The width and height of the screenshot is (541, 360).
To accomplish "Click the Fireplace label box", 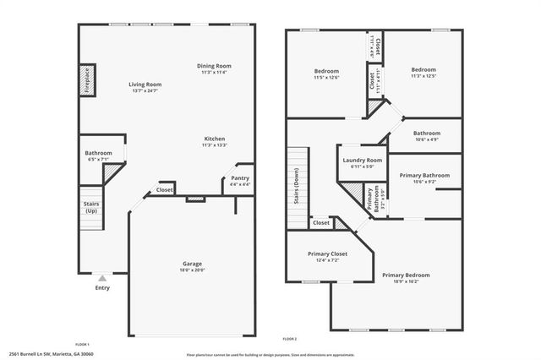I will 88,79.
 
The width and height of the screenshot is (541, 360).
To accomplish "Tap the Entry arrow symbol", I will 102,278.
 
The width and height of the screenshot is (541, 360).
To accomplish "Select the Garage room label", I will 194,264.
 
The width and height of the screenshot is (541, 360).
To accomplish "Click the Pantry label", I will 240,178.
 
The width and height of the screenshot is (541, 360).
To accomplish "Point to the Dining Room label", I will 214,66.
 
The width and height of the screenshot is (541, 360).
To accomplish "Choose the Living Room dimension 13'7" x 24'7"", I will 145,90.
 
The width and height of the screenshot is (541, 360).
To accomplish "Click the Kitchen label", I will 214,139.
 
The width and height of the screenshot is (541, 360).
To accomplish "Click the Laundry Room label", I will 362,160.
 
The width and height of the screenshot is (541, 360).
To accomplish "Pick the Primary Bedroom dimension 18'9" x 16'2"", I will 406,281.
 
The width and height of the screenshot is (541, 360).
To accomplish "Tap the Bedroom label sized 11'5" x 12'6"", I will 326,71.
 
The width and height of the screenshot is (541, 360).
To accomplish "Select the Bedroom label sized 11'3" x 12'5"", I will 424,69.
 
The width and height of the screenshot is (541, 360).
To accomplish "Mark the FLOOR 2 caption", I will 290,338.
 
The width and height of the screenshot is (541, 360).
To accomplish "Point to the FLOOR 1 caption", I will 82,343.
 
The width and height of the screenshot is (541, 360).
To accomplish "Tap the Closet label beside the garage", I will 165,190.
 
